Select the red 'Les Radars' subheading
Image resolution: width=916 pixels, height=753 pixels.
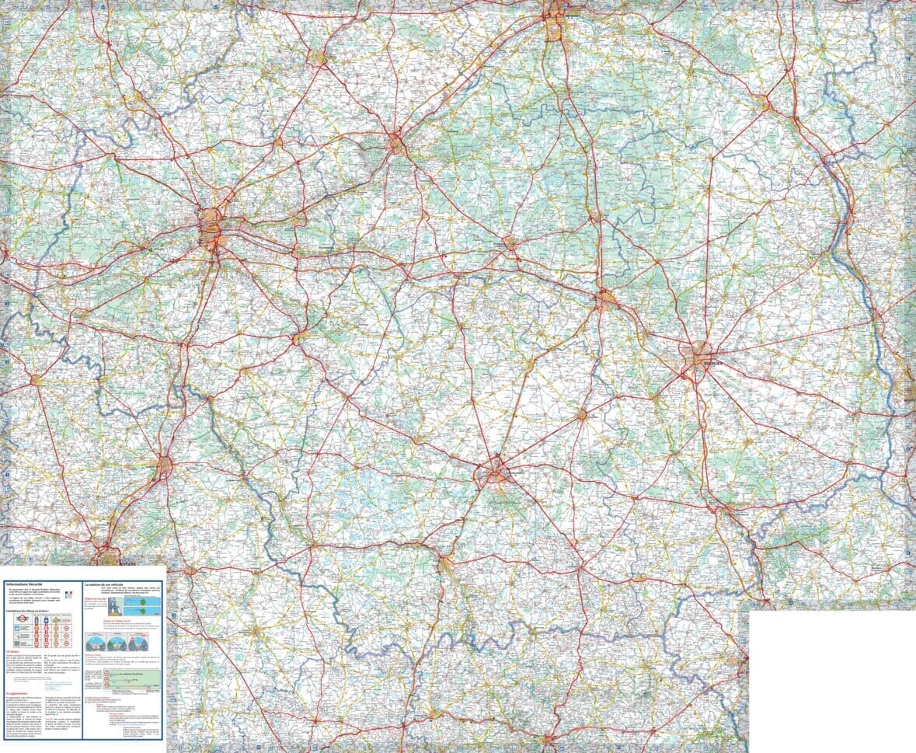[13, 651]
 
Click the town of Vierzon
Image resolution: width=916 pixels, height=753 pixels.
[606, 297]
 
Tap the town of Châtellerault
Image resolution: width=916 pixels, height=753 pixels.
[164, 465]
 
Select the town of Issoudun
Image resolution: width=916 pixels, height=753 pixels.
[582, 415]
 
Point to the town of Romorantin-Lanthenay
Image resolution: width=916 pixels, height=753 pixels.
[510, 243]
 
